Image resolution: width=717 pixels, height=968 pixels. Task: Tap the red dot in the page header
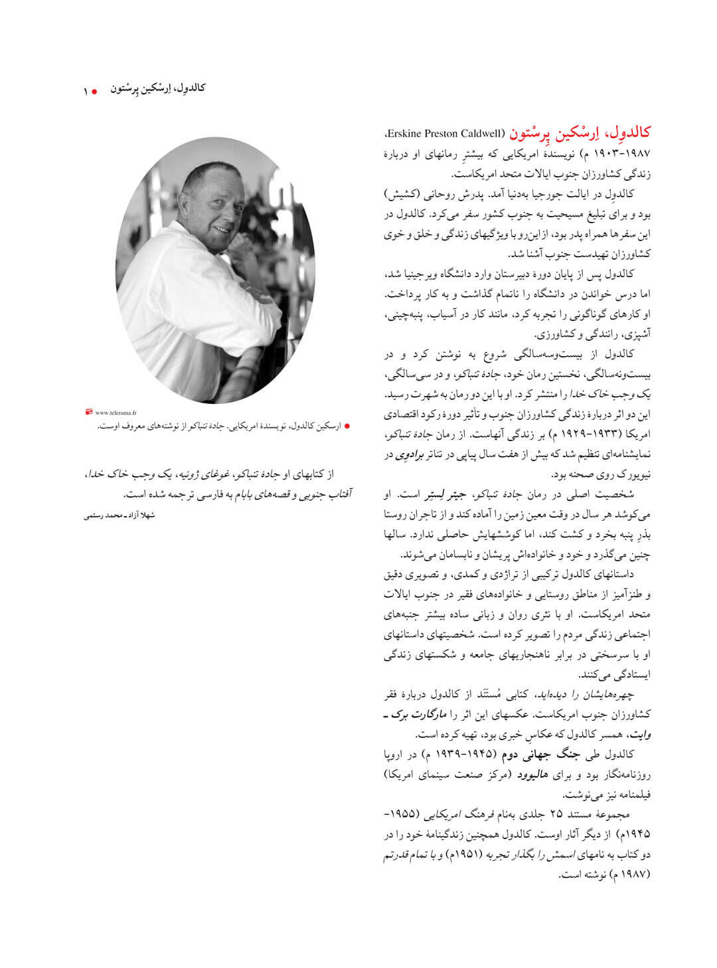(x=95, y=90)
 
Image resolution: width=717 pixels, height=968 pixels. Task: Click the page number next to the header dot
(x=86, y=90)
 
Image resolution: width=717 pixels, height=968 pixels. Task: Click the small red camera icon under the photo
(x=89, y=412)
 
